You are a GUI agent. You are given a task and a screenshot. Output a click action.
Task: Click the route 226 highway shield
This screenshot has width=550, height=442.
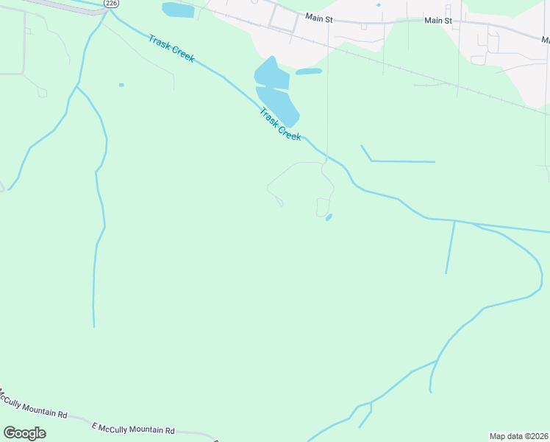tap(111, 4)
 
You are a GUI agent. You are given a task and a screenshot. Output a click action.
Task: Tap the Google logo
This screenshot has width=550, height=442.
tap(24, 433)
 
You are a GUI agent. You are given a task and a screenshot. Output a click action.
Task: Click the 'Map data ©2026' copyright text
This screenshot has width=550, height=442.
tap(519, 435)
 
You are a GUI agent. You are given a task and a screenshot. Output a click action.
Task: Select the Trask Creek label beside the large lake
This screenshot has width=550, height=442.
tap(280, 123)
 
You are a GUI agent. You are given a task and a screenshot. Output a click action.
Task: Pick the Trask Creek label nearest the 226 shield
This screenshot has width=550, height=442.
tap(171, 49)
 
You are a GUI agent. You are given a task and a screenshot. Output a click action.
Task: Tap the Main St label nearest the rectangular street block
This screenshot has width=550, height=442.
tap(319, 16)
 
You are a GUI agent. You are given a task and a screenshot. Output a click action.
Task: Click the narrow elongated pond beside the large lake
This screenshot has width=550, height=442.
tap(309, 71)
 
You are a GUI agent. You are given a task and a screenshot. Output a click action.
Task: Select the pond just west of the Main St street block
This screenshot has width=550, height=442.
tap(178, 10)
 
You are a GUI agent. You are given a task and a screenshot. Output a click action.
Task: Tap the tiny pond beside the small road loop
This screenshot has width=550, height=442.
tap(329, 217)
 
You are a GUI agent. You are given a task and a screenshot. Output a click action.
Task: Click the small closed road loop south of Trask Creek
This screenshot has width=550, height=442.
tap(323, 208)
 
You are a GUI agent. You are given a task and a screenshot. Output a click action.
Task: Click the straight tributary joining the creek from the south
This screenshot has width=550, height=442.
tap(450, 247)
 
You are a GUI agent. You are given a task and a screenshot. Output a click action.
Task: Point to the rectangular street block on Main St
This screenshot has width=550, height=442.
tap(282, 18)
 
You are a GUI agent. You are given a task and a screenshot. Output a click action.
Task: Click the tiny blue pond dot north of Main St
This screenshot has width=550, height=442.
tap(379, 5)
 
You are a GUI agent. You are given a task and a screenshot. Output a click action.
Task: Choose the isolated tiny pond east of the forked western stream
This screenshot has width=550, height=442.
tap(121, 85)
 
